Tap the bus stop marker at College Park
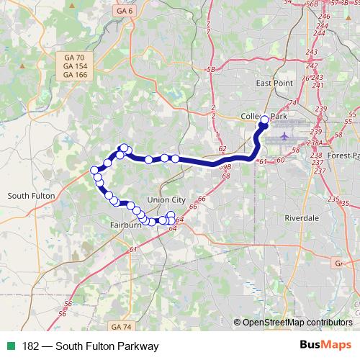264,120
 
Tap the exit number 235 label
333,199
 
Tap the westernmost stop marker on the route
94,171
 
